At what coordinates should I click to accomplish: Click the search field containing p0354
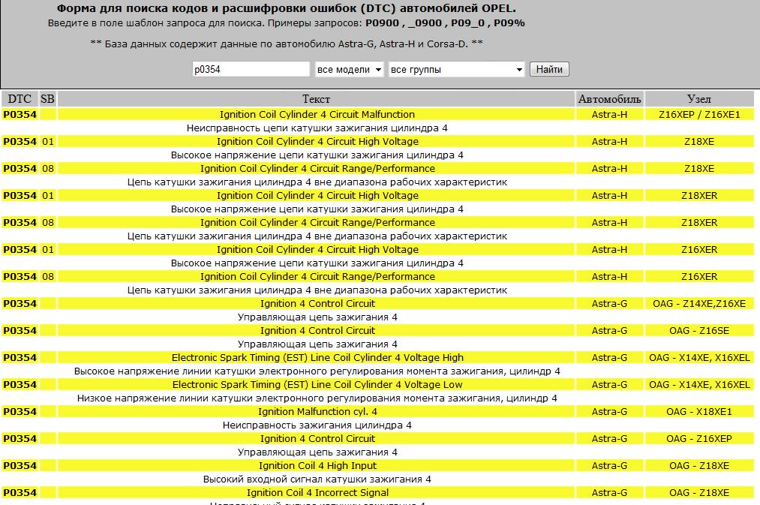pos(251,70)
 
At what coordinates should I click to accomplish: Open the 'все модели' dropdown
pos(350,70)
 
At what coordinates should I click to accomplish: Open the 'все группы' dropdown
pos(456,70)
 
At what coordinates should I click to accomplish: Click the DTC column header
pos(20,99)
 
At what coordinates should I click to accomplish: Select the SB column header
pos(47,99)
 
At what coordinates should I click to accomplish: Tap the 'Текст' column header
pos(316,99)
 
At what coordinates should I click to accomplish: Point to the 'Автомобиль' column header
pos(609,99)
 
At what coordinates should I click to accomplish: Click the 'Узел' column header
pos(698,99)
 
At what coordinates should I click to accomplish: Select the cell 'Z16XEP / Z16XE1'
pos(698,115)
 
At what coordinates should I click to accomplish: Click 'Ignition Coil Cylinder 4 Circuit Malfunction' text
pos(317,115)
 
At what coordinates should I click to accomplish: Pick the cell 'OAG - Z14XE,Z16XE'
pos(698,304)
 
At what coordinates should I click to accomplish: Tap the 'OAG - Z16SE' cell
pos(698,331)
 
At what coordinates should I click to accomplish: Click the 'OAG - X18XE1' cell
pos(698,412)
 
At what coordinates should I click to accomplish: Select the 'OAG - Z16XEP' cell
pos(698,439)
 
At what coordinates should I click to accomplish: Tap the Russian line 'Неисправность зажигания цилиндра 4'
pos(317,425)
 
